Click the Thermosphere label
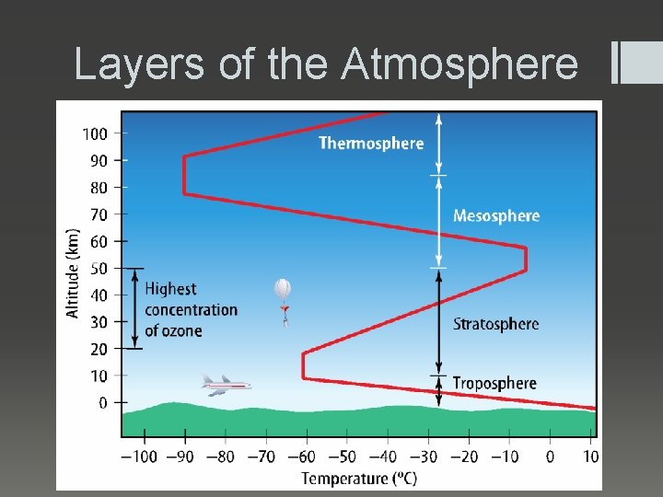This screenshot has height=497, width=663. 371,143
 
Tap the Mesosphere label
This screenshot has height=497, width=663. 495,215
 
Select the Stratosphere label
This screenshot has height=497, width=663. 495,323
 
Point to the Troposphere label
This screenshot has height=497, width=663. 494,383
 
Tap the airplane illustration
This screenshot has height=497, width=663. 225,384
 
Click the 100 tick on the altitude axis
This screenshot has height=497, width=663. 95,133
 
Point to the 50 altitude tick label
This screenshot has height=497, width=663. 99,268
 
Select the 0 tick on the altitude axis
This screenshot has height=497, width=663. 103,402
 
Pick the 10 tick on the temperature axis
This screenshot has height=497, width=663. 590,457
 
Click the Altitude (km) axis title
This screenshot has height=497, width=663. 73,273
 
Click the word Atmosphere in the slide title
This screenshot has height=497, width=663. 459,64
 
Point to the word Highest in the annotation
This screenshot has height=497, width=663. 170,289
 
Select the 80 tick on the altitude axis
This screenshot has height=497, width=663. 99,187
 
